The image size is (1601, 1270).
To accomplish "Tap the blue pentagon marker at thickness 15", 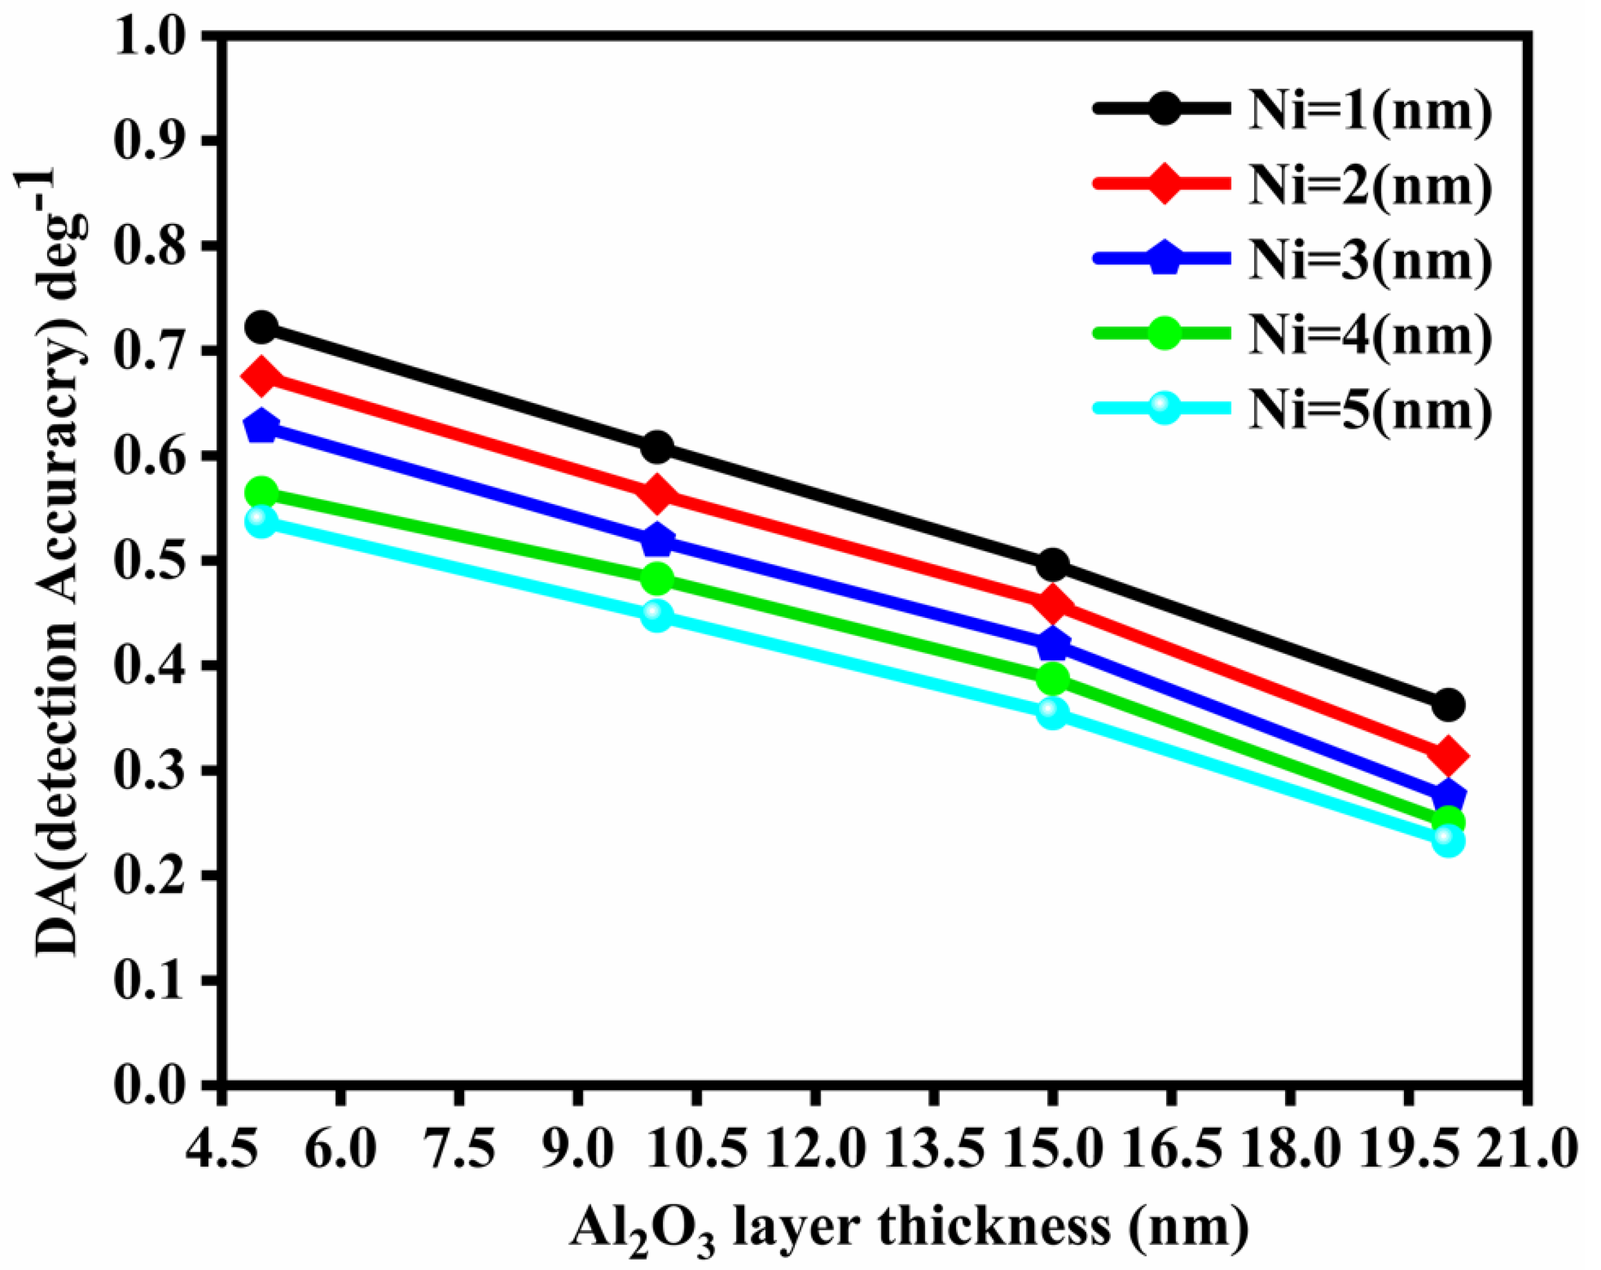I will click(1052, 644).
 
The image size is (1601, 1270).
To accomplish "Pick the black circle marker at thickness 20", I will click(1449, 704).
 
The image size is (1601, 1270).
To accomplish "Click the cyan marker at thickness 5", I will click(260, 522).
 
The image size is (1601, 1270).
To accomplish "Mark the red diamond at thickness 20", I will click(1449, 755).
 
